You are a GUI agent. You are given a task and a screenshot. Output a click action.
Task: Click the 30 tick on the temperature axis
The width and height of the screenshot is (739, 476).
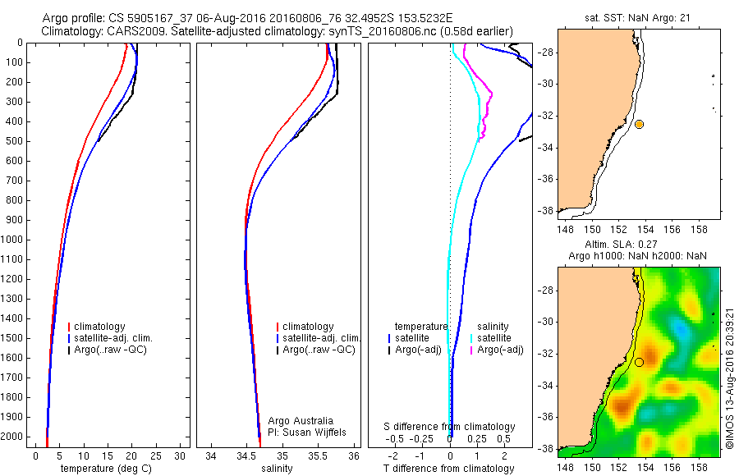(x=181, y=455)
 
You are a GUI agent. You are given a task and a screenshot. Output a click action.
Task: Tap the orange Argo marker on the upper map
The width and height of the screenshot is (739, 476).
(x=639, y=124)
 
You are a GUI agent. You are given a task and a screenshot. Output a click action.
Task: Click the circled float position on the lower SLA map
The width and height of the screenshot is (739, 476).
(x=639, y=362)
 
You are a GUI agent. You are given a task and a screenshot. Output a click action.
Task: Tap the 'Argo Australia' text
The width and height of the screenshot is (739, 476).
(x=301, y=420)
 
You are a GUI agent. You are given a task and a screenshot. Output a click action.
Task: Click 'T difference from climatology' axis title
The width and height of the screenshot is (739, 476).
(x=449, y=469)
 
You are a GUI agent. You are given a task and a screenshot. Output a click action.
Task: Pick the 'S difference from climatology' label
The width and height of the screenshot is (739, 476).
(x=449, y=427)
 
